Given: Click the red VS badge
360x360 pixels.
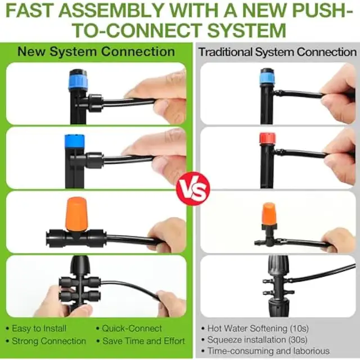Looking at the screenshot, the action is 193,188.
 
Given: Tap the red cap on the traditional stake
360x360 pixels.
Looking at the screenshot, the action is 267,139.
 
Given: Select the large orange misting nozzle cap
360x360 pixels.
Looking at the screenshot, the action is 77,213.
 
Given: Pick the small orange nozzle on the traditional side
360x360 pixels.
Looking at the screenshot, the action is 269,213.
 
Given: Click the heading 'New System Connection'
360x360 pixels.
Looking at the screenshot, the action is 96,51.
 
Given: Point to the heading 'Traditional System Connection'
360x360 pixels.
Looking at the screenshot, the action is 277,52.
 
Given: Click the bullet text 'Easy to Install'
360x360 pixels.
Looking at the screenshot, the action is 39,328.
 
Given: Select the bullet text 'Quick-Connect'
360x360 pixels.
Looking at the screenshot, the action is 132,328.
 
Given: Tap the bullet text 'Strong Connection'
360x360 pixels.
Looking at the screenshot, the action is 49,341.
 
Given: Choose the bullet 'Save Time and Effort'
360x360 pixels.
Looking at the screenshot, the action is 144,341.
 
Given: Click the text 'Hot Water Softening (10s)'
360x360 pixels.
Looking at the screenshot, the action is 258,328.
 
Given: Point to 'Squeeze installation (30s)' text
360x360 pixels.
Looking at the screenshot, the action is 257,340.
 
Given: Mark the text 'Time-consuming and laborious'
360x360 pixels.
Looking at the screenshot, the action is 268,351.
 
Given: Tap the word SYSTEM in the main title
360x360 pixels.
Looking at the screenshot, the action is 247,30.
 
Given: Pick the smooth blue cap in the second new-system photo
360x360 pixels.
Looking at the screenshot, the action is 75,142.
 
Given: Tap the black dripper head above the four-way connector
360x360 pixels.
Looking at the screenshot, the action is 79,264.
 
